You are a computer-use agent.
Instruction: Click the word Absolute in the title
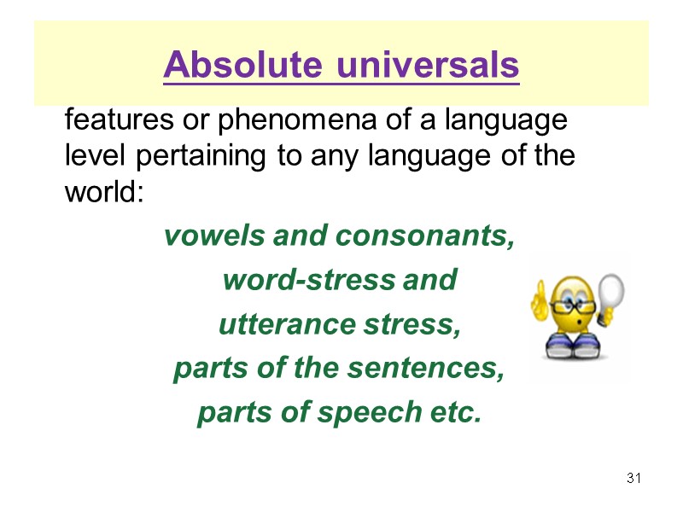pyautogui.click(x=242, y=65)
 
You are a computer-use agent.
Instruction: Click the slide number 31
pyautogui.click(x=633, y=477)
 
